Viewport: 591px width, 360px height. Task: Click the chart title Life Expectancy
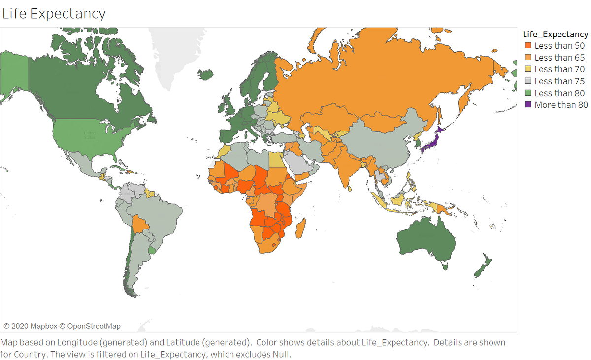(x=54, y=13)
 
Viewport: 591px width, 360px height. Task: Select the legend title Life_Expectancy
(x=555, y=34)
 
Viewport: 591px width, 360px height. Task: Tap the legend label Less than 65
(x=559, y=58)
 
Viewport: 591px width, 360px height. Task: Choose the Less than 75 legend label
(x=559, y=81)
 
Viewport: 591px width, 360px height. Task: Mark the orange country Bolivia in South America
(x=141, y=225)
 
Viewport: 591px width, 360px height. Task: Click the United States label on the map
(x=90, y=134)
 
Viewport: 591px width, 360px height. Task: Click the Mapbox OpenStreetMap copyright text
(x=62, y=326)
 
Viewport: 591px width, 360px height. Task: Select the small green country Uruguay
(x=152, y=250)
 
